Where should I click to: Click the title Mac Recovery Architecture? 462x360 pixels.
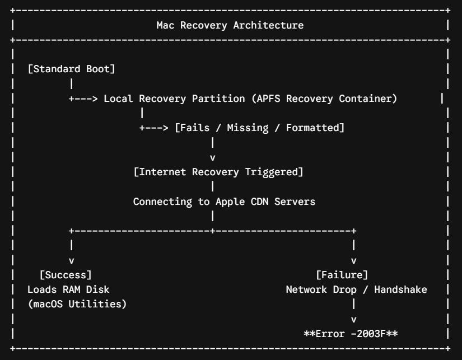click(230, 25)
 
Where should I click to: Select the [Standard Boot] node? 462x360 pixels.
click(71, 69)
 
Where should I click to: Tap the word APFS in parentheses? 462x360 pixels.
click(268, 99)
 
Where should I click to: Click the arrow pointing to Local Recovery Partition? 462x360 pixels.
click(83, 99)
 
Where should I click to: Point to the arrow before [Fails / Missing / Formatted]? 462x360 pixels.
click(154, 128)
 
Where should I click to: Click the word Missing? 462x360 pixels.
click(248, 128)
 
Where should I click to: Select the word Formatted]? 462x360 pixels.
click(315, 128)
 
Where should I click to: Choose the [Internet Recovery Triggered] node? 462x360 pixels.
click(218, 172)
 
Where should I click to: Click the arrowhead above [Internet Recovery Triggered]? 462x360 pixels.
click(212, 158)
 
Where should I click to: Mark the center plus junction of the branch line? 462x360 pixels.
click(212, 231)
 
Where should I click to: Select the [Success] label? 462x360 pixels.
click(66, 275)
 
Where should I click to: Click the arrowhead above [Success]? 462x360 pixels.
click(71, 261)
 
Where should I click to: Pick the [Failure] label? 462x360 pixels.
click(342, 275)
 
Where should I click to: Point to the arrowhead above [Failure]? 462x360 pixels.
click(354, 261)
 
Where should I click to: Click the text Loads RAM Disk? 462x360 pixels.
click(68, 289)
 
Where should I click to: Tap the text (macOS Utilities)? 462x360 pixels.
click(77, 304)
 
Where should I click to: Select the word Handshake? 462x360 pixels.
click(401, 289)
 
